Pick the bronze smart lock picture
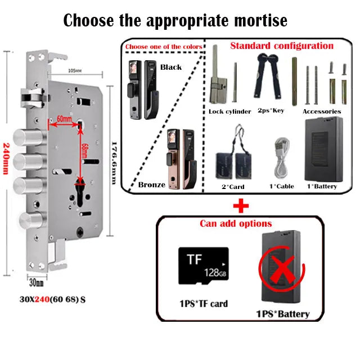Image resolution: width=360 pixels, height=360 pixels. (178, 159)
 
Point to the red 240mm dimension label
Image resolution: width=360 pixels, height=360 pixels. (7, 157)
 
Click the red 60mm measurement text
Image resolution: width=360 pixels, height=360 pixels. (64, 119)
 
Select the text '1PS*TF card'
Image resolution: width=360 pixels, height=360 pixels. (203, 304)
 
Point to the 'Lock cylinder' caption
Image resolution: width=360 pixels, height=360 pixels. (229, 111)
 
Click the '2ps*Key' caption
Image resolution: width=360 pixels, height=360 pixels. (271, 110)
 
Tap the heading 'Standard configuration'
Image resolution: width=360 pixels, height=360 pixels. (282, 46)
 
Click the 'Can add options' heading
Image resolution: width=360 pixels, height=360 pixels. (236, 223)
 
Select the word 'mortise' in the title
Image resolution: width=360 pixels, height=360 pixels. (258, 21)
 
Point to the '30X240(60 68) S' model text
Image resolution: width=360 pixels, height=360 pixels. (52, 299)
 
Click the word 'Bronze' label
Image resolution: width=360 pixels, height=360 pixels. (152, 184)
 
